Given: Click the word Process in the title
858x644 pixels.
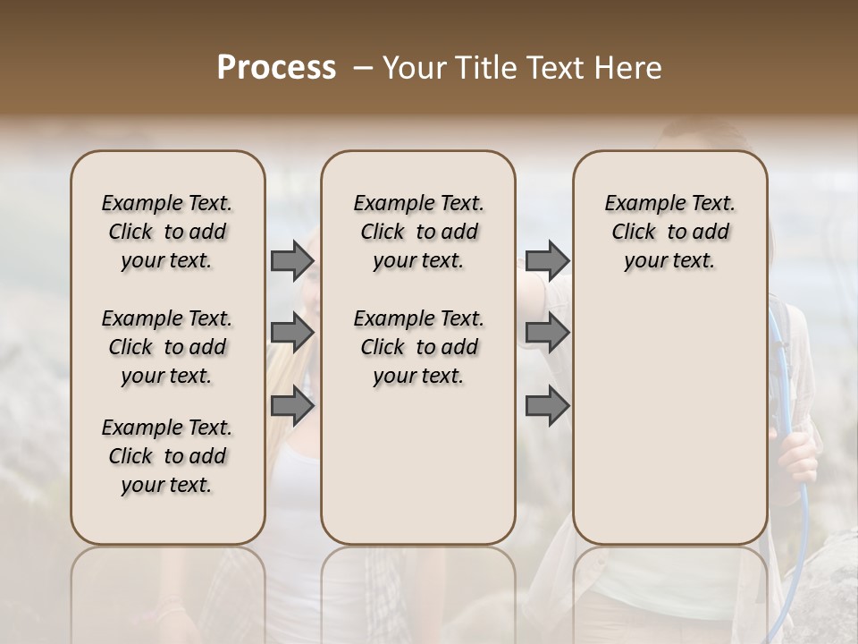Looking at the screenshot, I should (276, 68).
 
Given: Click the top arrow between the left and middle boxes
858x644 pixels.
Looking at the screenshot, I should (291, 261).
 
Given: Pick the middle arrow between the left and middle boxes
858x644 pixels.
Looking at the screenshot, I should (291, 333).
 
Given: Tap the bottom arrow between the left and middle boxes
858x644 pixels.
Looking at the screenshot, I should (291, 406).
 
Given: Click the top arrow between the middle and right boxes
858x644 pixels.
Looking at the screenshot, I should (547, 261).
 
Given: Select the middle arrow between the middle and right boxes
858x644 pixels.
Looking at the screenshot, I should (547, 333).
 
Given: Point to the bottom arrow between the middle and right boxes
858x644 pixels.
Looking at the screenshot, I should (547, 406).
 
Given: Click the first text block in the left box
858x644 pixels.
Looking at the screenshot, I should (167, 232).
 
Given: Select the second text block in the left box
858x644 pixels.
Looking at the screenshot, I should (167, 347).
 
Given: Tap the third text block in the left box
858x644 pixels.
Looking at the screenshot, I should (167, 456).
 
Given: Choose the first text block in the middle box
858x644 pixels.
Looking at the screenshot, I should (418, 232).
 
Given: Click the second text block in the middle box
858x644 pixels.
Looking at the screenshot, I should (418, 347).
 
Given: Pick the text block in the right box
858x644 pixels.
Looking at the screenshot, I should (669, 232).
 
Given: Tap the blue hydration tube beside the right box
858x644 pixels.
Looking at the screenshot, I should (802, 501).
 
